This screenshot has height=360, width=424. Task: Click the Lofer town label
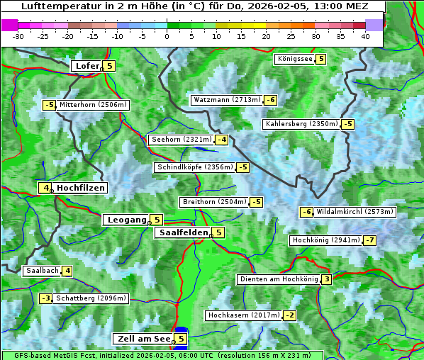pos(86,66)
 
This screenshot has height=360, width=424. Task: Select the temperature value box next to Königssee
pos(320,59)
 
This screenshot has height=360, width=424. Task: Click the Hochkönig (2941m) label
pos(326,240)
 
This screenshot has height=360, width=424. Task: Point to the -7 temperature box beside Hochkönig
pos(370,240)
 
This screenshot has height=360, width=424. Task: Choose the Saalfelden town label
pos(183,232)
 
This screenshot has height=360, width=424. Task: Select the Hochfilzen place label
pos(81,188)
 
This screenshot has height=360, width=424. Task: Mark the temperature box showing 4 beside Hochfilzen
pos(45,188)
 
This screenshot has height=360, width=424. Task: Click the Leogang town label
pos(126,220)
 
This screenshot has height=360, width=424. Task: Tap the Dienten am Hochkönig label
pos(278,279)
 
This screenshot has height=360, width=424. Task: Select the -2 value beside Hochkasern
pos(289,315)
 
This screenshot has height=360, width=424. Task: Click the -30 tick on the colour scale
pos(18,36)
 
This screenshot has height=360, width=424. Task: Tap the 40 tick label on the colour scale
pos(365,36)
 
